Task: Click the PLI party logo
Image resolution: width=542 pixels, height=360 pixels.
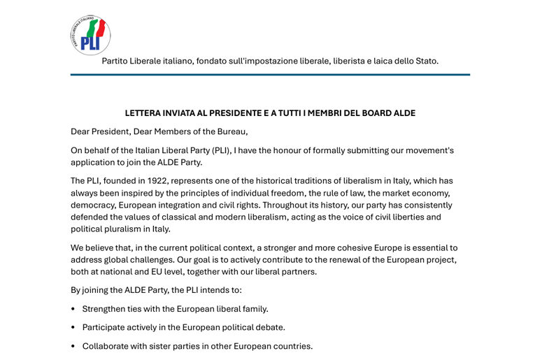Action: coord(90,35)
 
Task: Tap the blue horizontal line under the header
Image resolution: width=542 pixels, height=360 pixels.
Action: coord(270,74)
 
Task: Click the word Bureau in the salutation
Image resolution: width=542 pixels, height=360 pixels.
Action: coord(230,131)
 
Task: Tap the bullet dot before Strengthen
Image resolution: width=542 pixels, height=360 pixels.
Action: coord(73,309)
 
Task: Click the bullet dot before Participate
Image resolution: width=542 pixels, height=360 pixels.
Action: coord(73,327)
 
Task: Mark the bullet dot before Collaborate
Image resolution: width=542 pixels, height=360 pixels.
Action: coord(73,346)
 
